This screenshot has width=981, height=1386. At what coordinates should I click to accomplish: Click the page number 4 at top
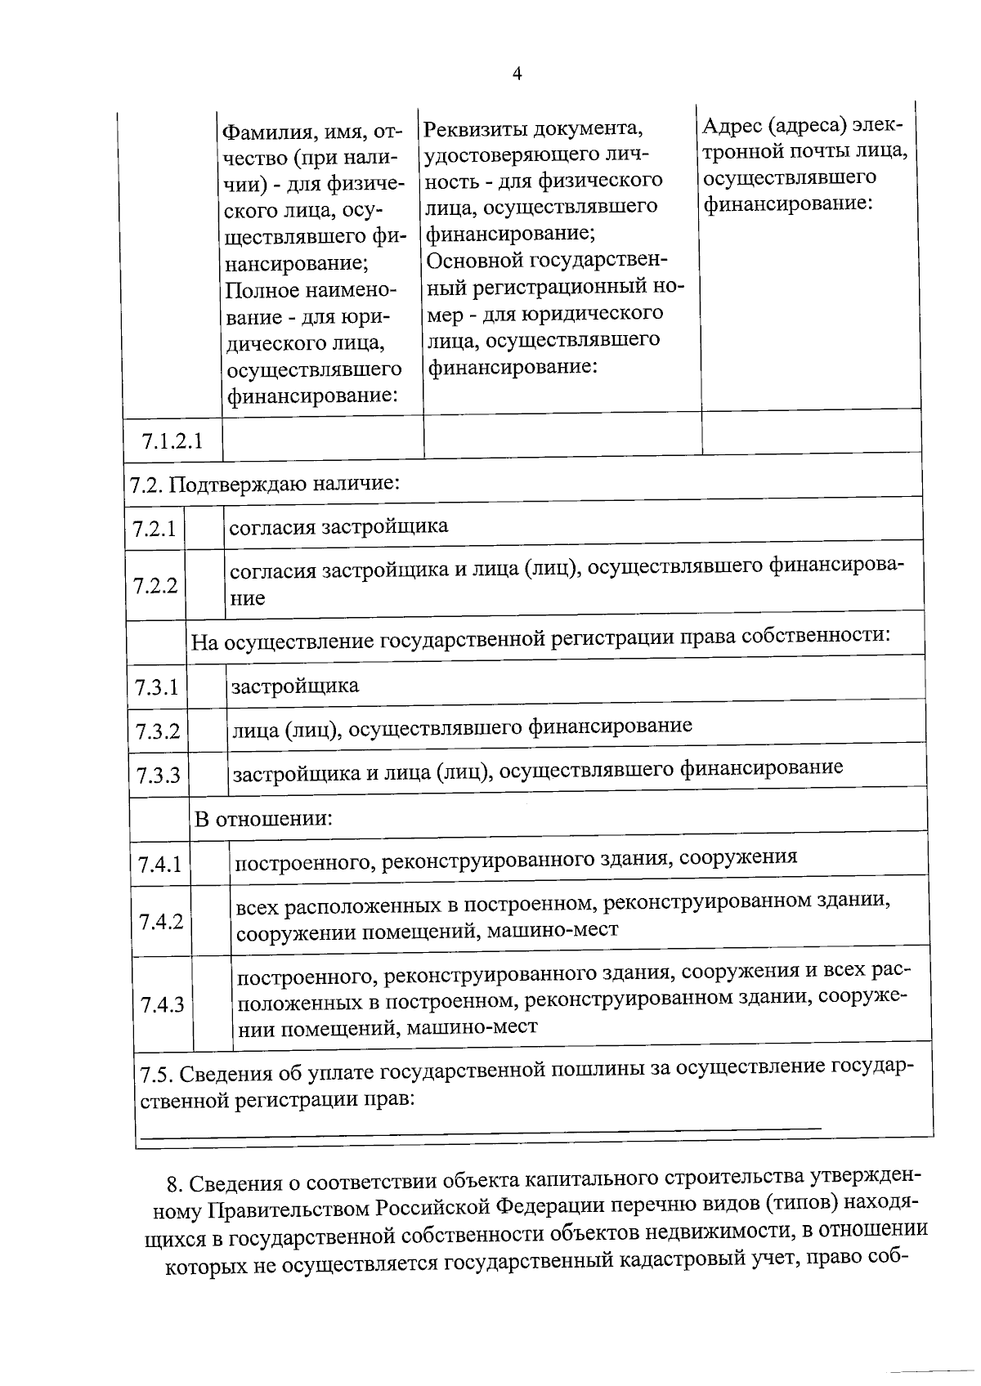(516, 74)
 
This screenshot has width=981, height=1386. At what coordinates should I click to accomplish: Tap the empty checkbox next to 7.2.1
(205, 528)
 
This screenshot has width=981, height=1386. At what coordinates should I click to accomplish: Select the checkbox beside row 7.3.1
(208, 686)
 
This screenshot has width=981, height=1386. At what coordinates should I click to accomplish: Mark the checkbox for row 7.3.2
(208, 730)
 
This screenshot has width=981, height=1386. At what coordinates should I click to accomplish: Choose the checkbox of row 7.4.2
(212, 921)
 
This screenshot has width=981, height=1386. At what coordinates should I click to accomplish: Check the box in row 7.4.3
(213, 1004)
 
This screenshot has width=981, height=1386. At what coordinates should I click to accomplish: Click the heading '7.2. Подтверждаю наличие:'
(265, 483)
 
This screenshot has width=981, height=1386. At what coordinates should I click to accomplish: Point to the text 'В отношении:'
(263, 818)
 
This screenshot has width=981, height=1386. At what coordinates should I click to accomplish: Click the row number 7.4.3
(162, 1004)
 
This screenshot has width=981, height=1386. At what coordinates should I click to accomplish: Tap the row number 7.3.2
(158, 731)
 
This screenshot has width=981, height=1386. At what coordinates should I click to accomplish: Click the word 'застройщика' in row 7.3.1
(295, 685)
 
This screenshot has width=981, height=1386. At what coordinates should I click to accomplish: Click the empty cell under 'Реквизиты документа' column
(562, 433)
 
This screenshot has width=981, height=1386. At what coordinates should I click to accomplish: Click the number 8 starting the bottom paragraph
(171, 1183)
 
